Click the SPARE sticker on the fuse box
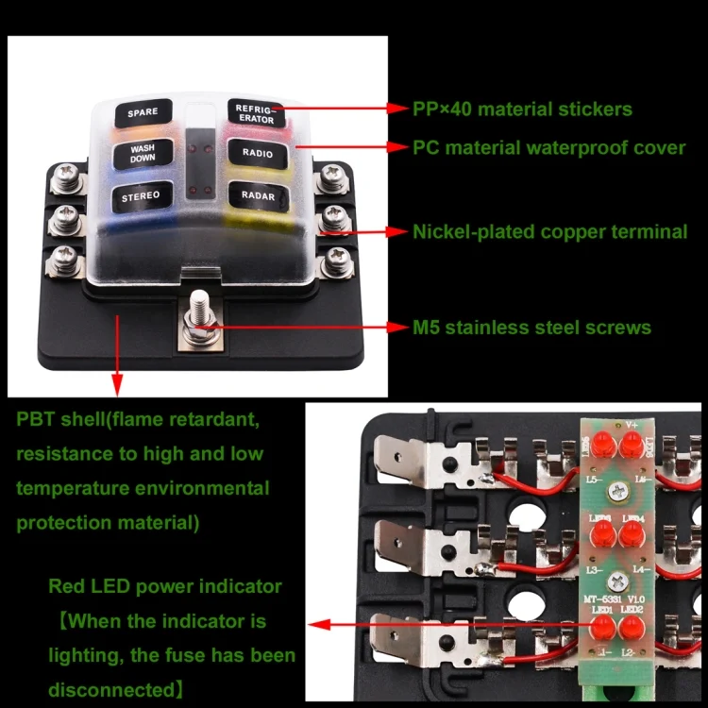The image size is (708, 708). click(x=143, y=113)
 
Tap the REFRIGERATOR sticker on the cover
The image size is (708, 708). click(x=252, y=113)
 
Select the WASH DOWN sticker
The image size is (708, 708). click(x=143, y=154)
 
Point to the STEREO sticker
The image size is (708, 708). click(x=141, y=196)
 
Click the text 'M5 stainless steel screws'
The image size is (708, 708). click(x=531, y=328)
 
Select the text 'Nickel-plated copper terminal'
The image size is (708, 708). click(x=549, y=231)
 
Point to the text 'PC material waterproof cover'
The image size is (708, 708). click(x=548, y=147)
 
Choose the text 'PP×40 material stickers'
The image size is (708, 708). click(x=522, y=109)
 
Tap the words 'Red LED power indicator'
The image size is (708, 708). click(x=165, y=586)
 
